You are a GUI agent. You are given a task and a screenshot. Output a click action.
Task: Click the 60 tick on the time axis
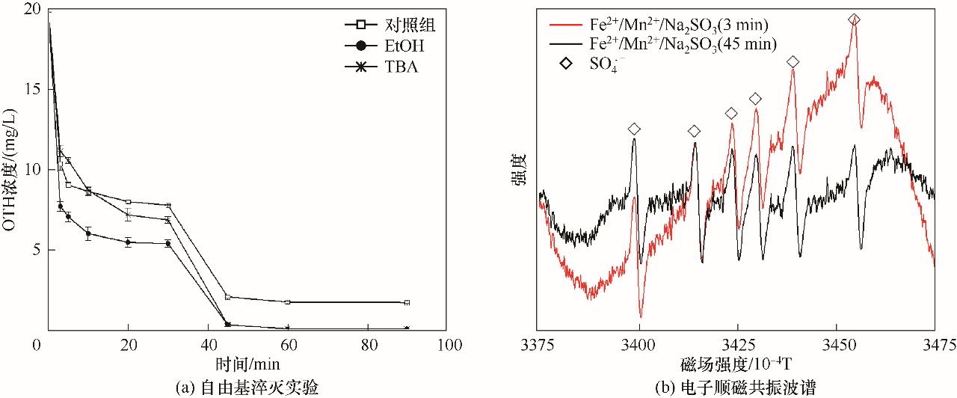[x=288, y=345]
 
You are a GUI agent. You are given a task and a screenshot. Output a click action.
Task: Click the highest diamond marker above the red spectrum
[x=855, y=19]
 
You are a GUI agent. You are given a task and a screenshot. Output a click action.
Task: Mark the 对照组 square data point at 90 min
[x=407, y=302]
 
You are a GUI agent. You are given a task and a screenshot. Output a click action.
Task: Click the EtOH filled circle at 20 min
[x=128, y=242]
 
